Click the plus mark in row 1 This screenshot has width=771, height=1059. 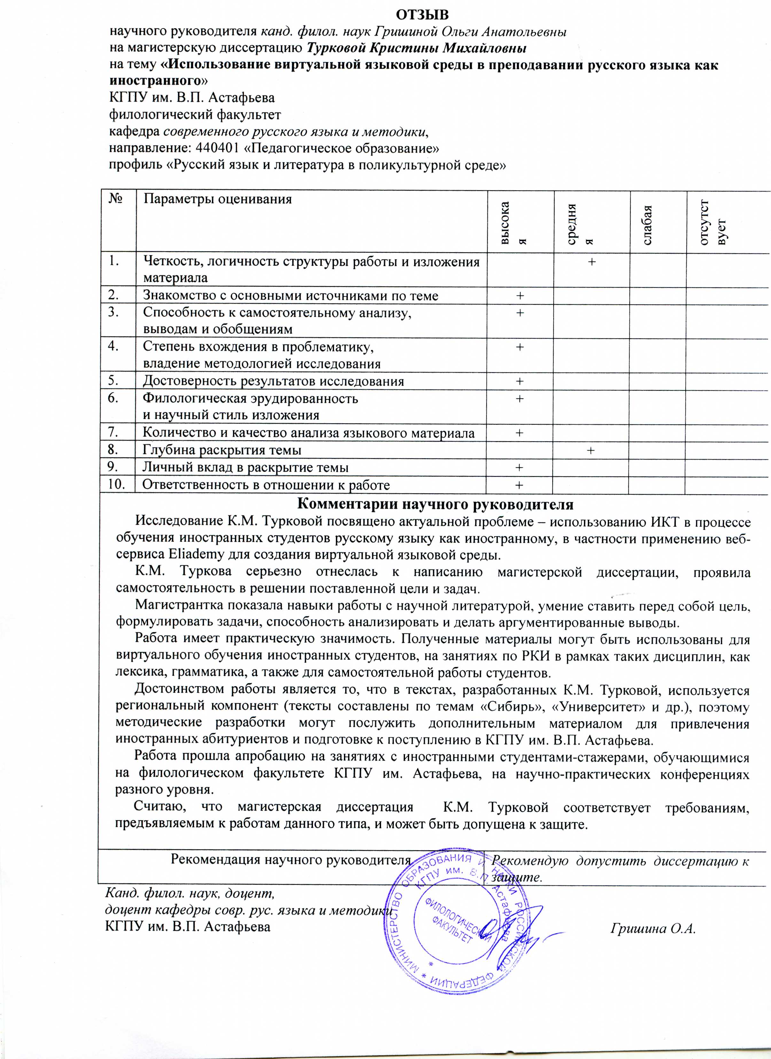tap(591, 262)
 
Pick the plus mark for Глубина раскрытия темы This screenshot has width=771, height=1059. tap(591, 450)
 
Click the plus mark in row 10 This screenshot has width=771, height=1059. tap(519, 485)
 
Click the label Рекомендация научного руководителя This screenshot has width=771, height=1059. tap(290, 859)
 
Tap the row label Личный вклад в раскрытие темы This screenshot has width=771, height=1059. tap(245, 467)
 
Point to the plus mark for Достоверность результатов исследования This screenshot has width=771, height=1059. tap(519, 381)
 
